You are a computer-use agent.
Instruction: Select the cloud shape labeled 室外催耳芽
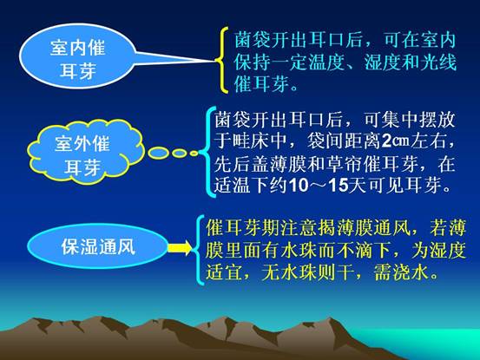83,153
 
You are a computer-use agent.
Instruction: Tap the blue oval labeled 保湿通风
98,246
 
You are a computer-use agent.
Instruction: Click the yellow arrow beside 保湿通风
180,247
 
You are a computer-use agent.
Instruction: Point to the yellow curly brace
223,60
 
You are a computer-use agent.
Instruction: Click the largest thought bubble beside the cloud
158,153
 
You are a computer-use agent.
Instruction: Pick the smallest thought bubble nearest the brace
194,154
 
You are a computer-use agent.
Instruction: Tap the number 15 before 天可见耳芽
339,185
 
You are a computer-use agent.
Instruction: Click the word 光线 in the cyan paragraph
438,62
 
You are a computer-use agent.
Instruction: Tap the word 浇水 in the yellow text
411,272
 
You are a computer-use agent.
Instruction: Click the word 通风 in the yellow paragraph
392,228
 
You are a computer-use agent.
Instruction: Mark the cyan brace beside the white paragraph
211,152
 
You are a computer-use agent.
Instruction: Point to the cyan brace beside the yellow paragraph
200,250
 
